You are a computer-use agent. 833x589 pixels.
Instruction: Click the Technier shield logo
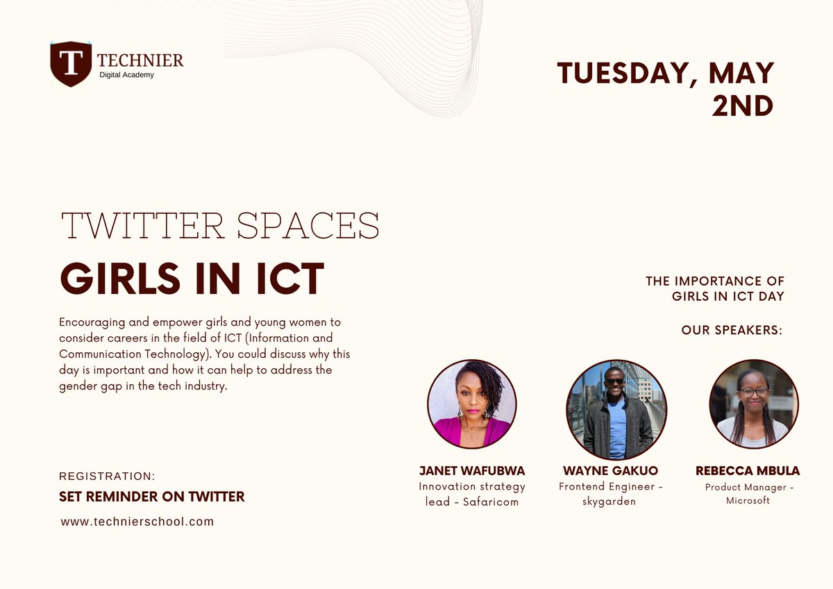pyautogui.click(x=71, y=64)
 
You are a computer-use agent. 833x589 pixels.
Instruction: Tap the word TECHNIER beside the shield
pyautogui.click(x=140, y=60)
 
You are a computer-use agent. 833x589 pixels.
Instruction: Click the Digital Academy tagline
pyautogui.click(x=126, y=74)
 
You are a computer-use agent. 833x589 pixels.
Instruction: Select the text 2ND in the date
pyautogui.click(x=742, y=106)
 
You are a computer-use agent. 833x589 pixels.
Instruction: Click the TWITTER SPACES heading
pyautogui.click(x=220, y=225)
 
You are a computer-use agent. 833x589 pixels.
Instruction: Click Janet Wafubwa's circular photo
pyautogui.click(x=472, y=404)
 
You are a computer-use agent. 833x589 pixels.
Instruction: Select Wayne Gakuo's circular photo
pyautogui.click(x=616, y=410)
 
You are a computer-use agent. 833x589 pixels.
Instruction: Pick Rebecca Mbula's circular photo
pyautogui.click(x=754, y=404)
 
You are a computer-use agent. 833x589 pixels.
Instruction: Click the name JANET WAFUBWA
pyautogui.click(x=472, y=471)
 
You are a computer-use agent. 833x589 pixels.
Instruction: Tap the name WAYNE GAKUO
pyautogui.click(x=610, y=471)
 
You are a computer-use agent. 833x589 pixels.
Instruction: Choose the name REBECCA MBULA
pyautogui.click(x=748, y=471)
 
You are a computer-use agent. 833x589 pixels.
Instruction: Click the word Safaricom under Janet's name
pyautogui.click(x=491, y=501)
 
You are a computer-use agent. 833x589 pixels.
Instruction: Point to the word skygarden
pyautogui.click(x=609, y=501)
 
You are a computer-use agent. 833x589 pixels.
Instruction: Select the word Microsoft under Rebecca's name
pyautogui.click(x=748, y=501)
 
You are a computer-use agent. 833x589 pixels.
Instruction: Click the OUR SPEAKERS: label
pyautogui.click(x=732, y=330)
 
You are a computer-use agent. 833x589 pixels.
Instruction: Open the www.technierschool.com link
pyautogui.click(x=137, y=522)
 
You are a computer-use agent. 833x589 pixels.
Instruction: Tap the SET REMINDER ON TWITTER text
pyautogui.click(x=152, y=497)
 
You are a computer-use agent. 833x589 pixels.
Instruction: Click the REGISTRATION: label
pyautogui.click(x=107, y=476)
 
